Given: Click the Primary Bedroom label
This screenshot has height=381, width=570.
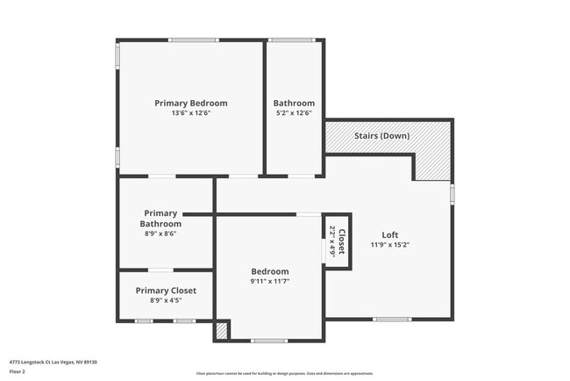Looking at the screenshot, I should tap(190, 103).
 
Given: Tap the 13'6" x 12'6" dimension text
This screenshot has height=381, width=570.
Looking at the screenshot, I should tap(190, 113).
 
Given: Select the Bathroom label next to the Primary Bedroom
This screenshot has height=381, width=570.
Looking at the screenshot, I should tap(294, 103).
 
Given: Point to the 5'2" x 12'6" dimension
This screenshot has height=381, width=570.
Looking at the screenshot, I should tap(294, 113).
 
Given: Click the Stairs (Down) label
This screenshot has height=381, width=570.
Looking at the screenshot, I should tap(381, 136).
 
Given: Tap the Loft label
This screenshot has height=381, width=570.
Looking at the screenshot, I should tap(390, 234).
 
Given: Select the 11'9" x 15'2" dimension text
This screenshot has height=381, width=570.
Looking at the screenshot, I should tap(390, 245).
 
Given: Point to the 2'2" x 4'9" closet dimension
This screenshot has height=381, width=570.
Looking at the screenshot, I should tap(331, 240).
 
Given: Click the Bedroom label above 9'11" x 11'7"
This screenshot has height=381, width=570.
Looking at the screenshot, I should tap(270, 271).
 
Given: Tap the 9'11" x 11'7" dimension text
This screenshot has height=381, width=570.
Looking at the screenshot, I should tap(270, 282).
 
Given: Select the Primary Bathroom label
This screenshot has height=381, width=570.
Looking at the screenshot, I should tap(160, 219).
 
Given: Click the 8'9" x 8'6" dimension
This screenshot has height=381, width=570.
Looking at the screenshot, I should tap(160, 234).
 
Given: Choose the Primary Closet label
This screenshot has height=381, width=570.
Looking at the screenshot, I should tap(166, 291).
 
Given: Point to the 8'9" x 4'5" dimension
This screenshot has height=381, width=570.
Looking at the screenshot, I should tap(166, 301).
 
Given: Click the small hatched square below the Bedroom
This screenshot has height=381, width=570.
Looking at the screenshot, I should tap(222, 332).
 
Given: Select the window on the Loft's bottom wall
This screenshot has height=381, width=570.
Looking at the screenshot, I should tap(391, 319).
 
